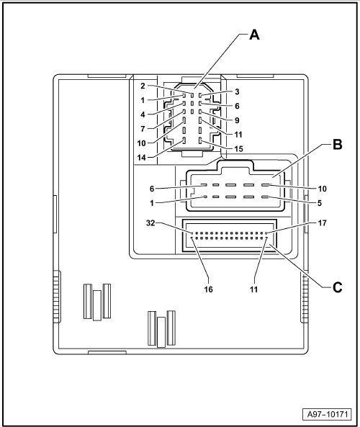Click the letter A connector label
(x=254, y=35)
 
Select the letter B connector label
(x=338, y=144)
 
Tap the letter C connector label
(x=338, y=287)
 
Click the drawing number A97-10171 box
(x=328, y=414)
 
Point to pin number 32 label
(x=150, y=223)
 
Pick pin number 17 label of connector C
(x=322, y=223)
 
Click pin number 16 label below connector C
(x=208, y=289)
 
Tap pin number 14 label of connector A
(x=142, y=158)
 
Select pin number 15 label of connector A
(x=238, y=148)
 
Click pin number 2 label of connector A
(x=143, y=86)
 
